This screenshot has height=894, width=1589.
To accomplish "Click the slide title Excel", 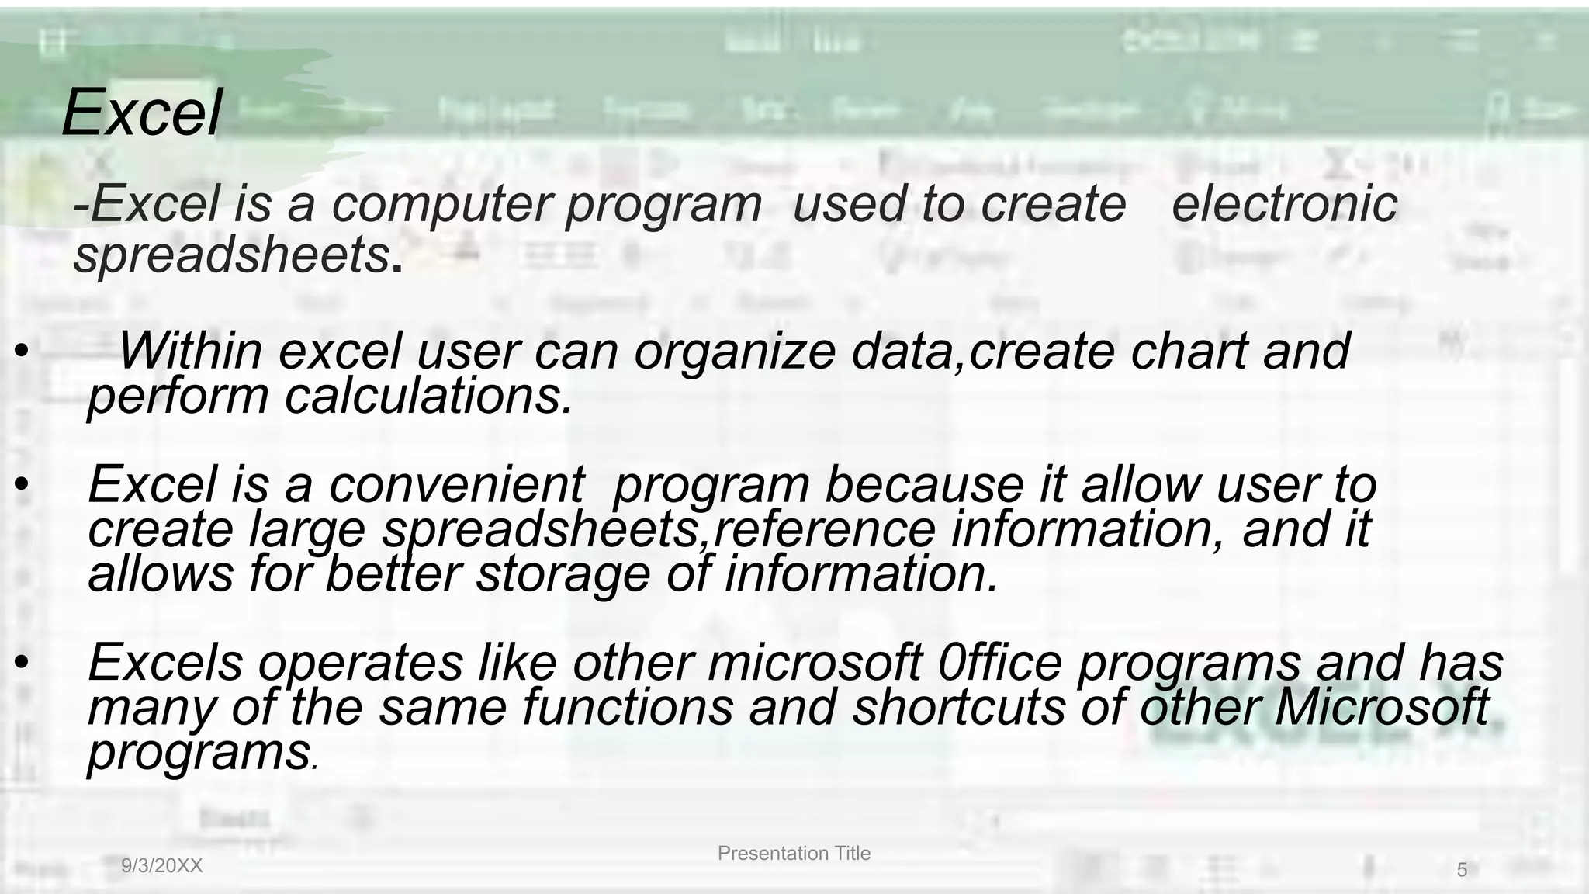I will tap(142, 113).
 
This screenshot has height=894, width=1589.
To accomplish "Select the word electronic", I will tap(1284, 205).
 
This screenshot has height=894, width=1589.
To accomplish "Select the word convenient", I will tap(456, 484).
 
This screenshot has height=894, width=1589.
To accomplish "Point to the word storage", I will tap(563, 574).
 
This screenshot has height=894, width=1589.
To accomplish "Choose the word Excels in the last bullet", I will tap(166, 664).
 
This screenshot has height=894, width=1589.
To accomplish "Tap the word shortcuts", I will tap(959, 708).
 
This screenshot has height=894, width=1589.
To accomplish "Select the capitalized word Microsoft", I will tap(1381, 708).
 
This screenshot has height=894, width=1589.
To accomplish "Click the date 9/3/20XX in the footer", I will tap(162, 867).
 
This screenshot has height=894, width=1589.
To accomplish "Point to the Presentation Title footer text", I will tap(794, 854).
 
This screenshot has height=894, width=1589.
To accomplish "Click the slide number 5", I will tap(1462, 871).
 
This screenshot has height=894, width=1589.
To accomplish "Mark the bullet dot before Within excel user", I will tap(21, 352).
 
